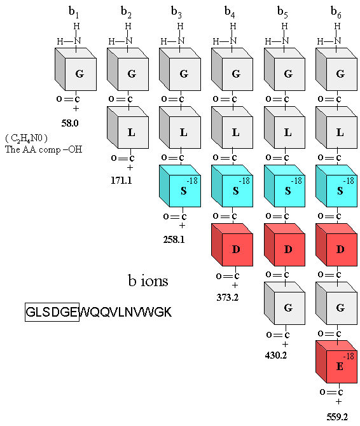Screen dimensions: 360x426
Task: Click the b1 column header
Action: [74, 12]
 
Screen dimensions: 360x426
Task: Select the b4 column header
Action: [230, 12]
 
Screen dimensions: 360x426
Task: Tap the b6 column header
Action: [336, 12]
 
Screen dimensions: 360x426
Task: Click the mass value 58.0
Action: [70, 123]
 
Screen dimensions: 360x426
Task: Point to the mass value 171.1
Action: [121, 181]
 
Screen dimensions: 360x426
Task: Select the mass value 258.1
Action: [174, 239]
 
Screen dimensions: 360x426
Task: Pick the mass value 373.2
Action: [228, 298]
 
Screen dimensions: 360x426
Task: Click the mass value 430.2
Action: [276, 355]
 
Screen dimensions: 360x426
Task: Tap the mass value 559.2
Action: [337, 416]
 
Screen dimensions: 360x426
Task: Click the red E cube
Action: [336, 362]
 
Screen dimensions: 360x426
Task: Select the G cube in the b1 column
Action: [76, 69]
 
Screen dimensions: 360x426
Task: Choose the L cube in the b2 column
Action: [128, 127]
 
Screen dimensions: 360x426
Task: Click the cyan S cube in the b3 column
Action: [180, 186]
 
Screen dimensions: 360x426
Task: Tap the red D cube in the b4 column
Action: [232, 245]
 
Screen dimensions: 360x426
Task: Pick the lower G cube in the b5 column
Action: [284, 303]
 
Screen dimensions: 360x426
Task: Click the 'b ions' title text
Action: [148, 280]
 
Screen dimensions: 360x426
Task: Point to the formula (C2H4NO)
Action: [26, 138]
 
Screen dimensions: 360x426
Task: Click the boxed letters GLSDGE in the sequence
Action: [52, 312]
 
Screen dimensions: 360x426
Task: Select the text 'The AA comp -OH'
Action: [43, 149]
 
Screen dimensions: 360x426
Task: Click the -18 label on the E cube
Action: [349, 356]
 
